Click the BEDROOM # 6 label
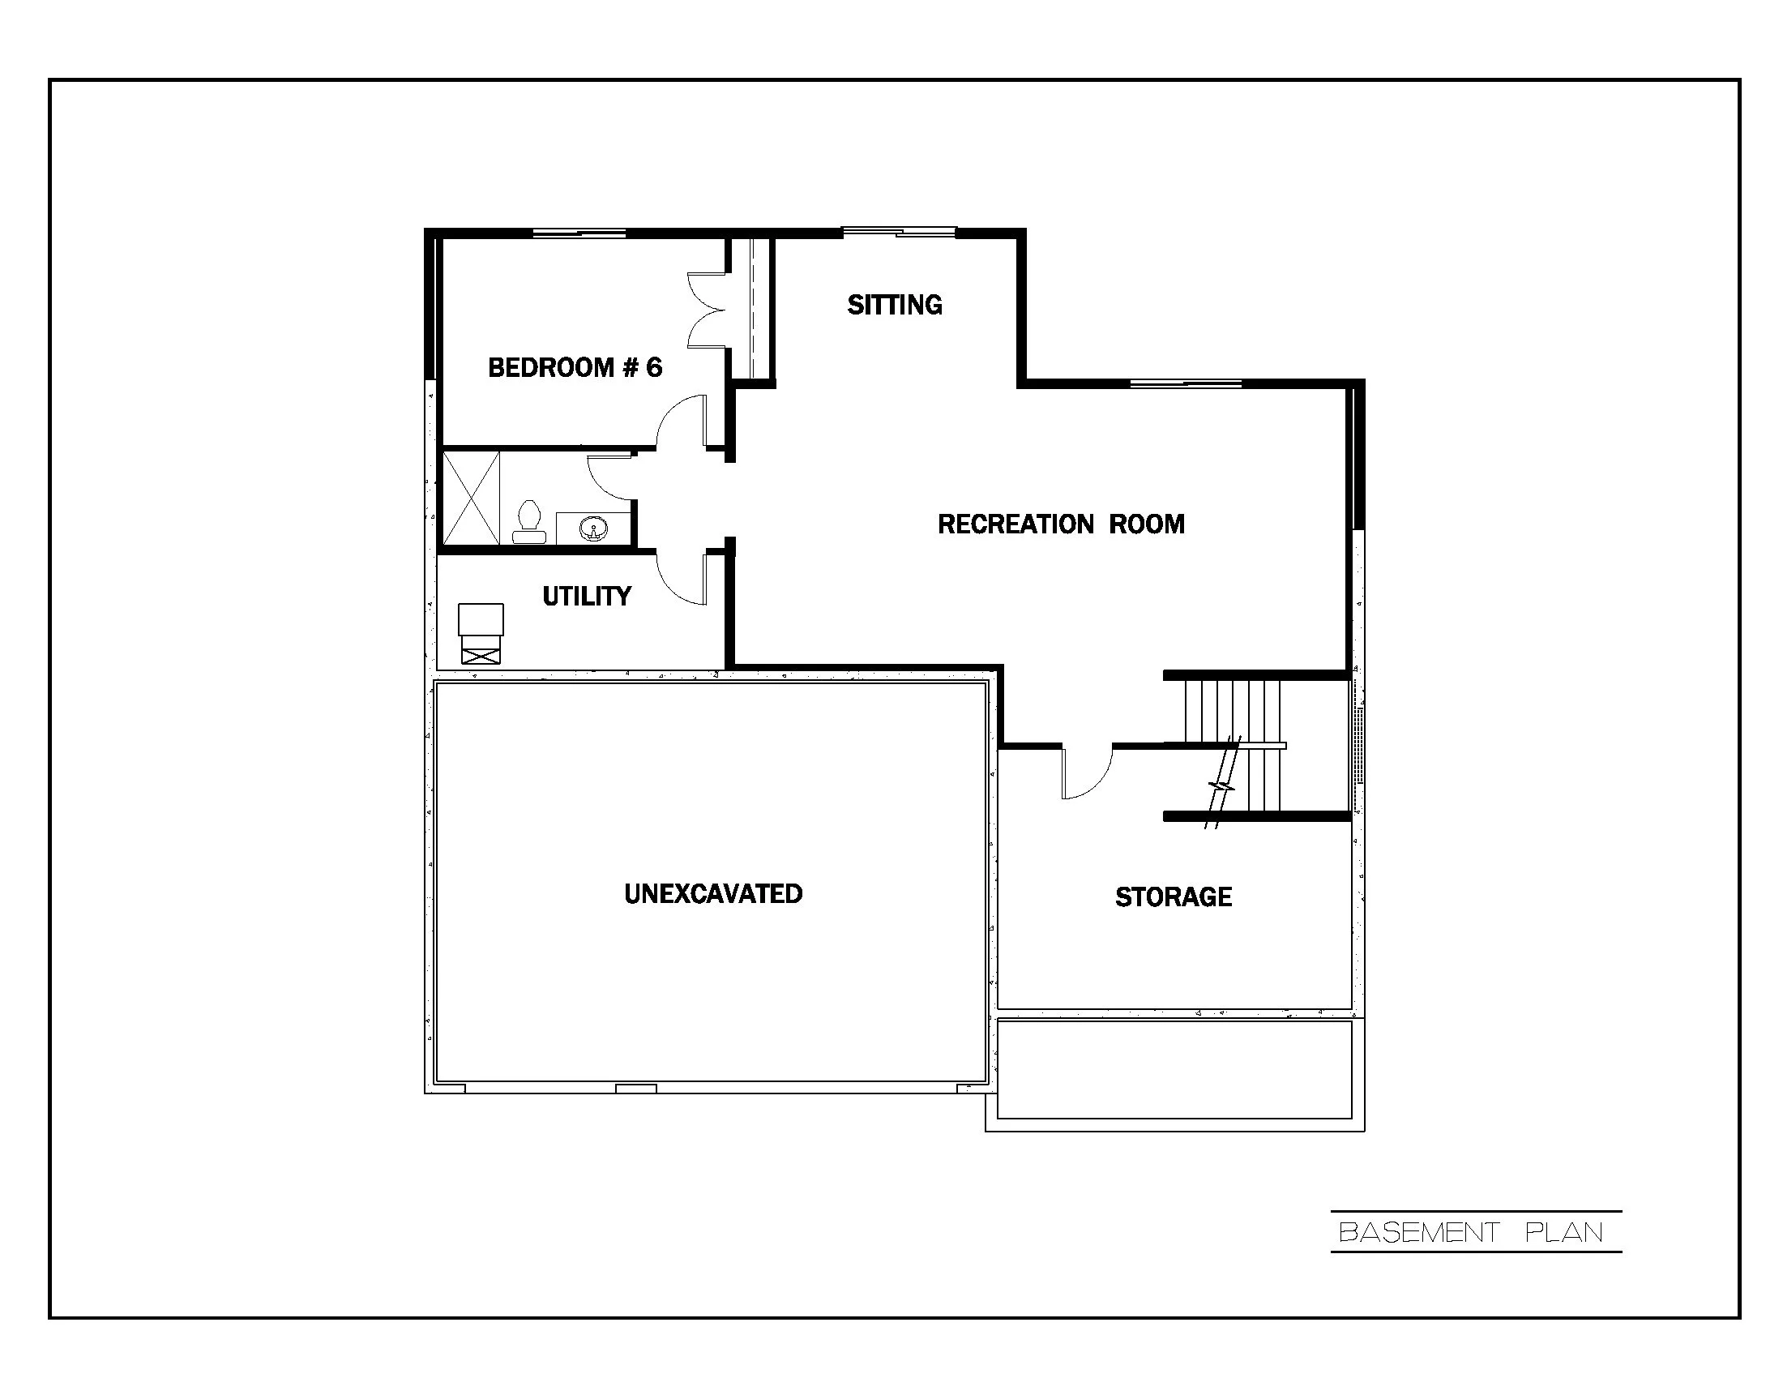click(x=575, y=367)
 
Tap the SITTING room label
click(x=895, y=305)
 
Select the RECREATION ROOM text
click(x=1061, y=524)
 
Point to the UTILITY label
click(x=586, y=596)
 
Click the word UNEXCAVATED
click(x=712, y=894)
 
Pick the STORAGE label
click(x=1174, y=897)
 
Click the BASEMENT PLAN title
click(x=1471, y=1232)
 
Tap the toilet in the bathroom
click(x=529, y=522)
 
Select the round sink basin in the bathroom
click(x=592, y=530)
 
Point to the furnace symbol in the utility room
click(x=480, y=633)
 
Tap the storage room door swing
click(x=1086, y=772)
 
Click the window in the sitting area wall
click(x=898, y=233)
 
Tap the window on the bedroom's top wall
click(x=579, y=234)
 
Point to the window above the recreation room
click(x=1186, y=383)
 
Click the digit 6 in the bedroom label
click(x=654, y=367)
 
